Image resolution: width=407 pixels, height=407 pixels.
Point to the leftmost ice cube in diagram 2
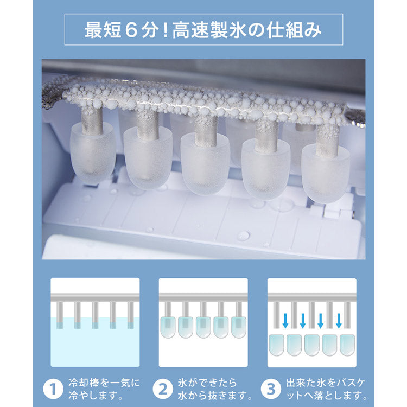(169, 327)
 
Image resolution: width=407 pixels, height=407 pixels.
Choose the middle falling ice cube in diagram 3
(312, 345)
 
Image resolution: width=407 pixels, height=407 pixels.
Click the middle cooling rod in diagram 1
(95, 315)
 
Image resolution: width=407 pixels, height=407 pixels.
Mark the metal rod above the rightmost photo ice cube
(327, 138)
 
